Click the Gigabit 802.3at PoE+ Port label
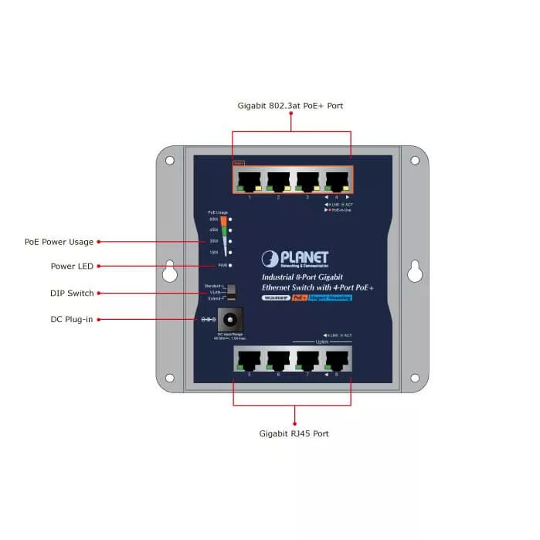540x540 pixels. (x=290, y=105)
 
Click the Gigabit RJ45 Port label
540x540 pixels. (x=294, y=433)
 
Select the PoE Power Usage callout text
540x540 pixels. (x=59, y=242)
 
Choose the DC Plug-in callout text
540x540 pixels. (x=73, y=319)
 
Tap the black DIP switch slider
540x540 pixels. (x=230, y=291)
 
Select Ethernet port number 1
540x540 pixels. (x=250, y=181)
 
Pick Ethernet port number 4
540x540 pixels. (x=337, y=181)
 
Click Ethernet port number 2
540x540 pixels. (x=278, y=181)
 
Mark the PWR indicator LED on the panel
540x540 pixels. (x=230, y=266)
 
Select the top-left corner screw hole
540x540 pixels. (x=170, y=161)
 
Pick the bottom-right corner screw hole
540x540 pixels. (x=415, y=379)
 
